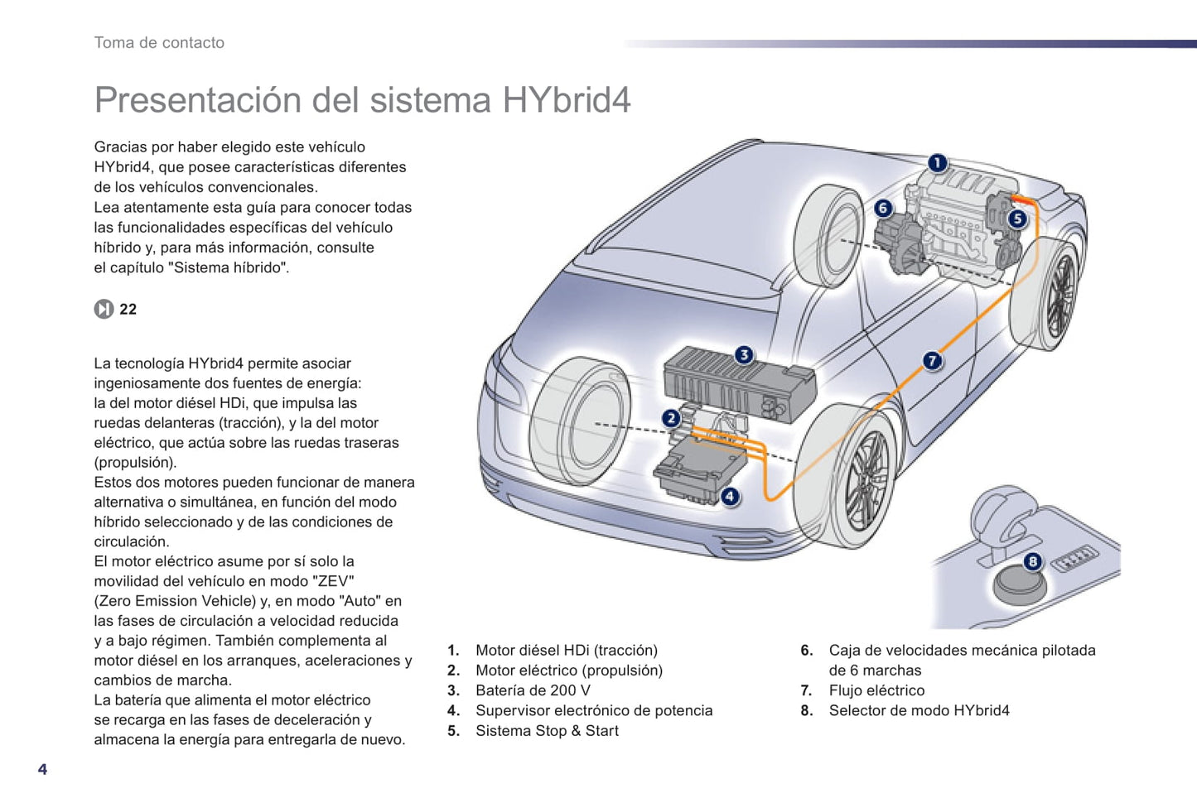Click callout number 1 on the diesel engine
pyautogui.click(x=937, y=163)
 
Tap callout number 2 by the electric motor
pyautogui.click(x=671, y=418)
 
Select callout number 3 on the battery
pyautogui.click(x=744, y=354)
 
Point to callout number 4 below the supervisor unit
pyautogui.click(x=730, y=497)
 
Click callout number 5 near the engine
pyautogui.click(x=1017, y=219)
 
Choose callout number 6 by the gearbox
pyautogui.click(x=883, y=208)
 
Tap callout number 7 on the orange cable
pyautogui.click(x=932, y=361)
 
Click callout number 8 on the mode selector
pyautogui.click(x=1032, y=561)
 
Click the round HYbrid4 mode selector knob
pyautogui.click(x=1019, y=585)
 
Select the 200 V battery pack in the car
pyautogui.click(x=740, y=385)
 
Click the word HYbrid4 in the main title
pyautogui.click(x=567, y=100)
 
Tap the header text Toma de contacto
pyautogui.click(x=159, y=43)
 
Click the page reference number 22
pyautogui.click(x=128, y=310)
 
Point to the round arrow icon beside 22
pyautogui.click(x=104, y=310)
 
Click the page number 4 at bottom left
pyautogui.click(x=42, y=769)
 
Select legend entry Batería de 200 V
pyautogui.click(x=533, y=690)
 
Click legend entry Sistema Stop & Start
pyautogui.click(x=548, y=730)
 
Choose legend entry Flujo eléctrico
pyautogui.click(x=876, y=690)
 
